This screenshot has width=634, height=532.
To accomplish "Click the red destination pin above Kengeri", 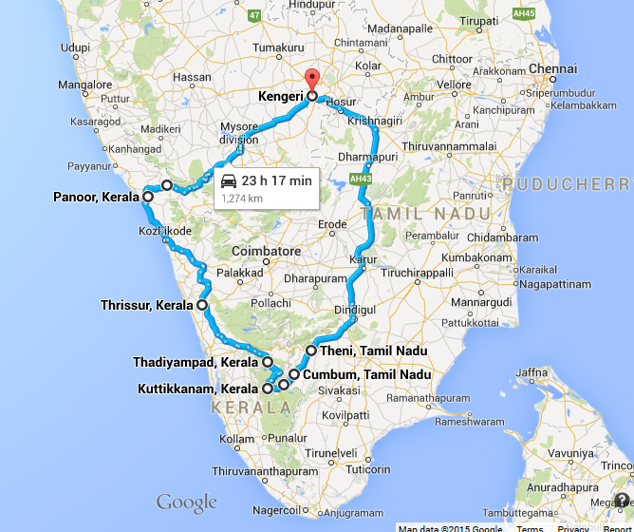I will [x=311, y=79].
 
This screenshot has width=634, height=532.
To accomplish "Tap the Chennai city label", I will [x=553, y=68].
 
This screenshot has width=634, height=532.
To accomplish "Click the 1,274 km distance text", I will [x=243, y=199].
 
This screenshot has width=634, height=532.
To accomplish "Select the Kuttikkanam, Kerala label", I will [x=199, y=389].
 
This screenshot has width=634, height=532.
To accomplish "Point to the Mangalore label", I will [x=84, y=85].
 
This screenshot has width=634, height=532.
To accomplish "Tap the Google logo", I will [x=187, y=503].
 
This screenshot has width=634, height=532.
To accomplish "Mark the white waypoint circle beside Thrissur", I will [x=202, y=306].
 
